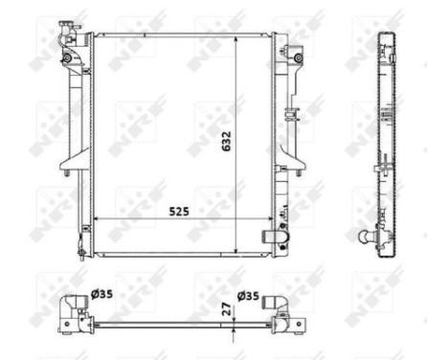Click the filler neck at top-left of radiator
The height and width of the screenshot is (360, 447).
point(65,30)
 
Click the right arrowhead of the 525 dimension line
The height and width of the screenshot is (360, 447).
point(267,219)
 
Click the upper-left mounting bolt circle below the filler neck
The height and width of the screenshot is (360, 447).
point(66,58)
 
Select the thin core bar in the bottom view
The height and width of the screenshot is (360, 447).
point(172,326)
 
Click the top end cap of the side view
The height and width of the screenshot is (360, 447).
point(387,38)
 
